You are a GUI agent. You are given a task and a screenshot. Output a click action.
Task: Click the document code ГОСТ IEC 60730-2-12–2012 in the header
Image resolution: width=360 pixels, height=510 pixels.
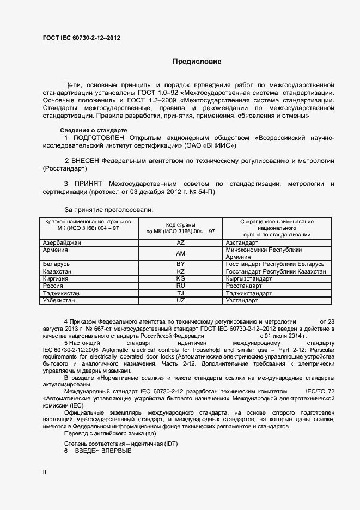(x=81, y=38)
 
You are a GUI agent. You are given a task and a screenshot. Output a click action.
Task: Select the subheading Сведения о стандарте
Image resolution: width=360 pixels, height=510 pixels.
(x=93, y=131)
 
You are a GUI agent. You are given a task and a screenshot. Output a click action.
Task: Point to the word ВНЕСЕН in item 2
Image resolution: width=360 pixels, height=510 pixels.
(x=93, y=161)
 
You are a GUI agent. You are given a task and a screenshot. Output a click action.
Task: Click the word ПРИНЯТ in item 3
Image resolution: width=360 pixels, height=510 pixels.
(x=88, y=184)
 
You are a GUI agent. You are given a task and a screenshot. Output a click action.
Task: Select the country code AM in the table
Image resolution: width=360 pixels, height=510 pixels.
(x=181, y=253)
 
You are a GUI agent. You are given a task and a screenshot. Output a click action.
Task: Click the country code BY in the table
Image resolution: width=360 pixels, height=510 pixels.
(x=181, y=264)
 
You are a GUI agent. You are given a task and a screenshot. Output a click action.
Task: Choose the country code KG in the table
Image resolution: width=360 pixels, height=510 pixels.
(x=181, y=278)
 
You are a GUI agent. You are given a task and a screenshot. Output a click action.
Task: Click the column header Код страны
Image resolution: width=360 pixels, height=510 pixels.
(x=181, y=224)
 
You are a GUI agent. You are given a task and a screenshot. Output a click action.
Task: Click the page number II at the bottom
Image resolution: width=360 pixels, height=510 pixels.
(x=45, y=472)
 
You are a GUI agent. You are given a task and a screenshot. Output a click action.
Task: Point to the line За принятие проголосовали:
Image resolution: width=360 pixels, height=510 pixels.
(x=109, y=209)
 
